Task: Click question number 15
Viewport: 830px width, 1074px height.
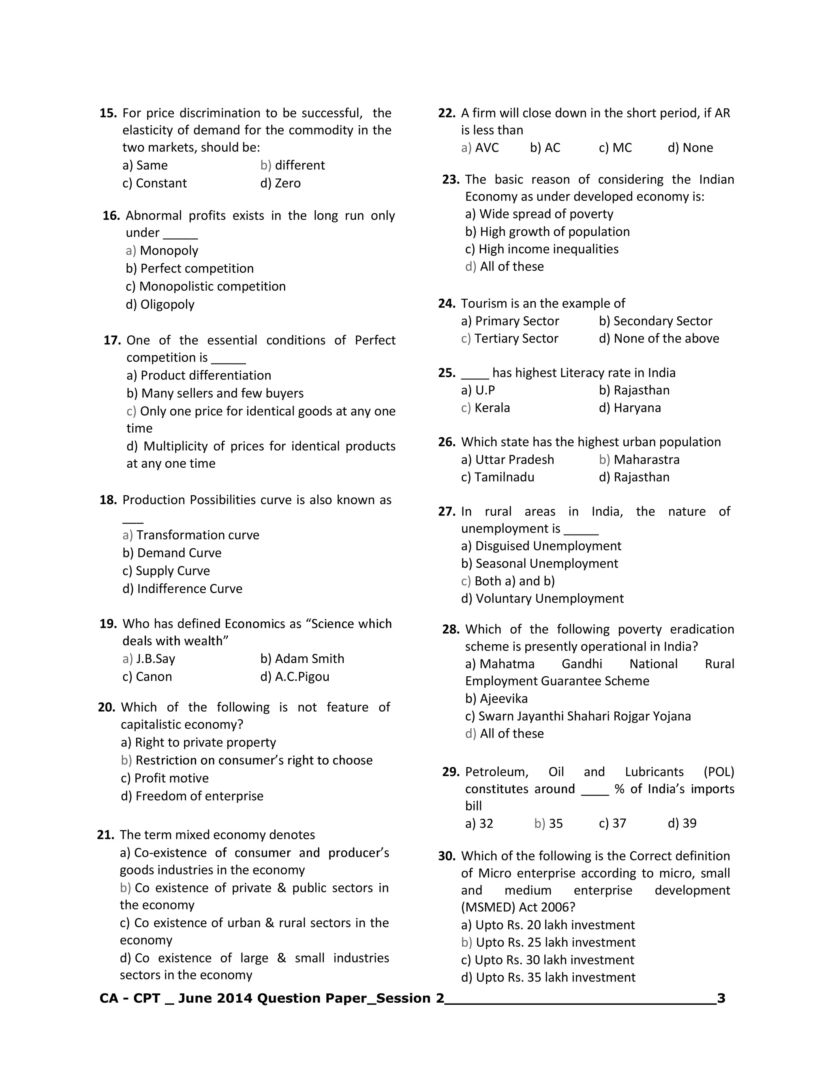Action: [x=108, y=113]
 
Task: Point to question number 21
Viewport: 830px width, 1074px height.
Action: [x=106, y=835]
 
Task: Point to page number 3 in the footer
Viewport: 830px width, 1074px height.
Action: [x=721, y=998]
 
